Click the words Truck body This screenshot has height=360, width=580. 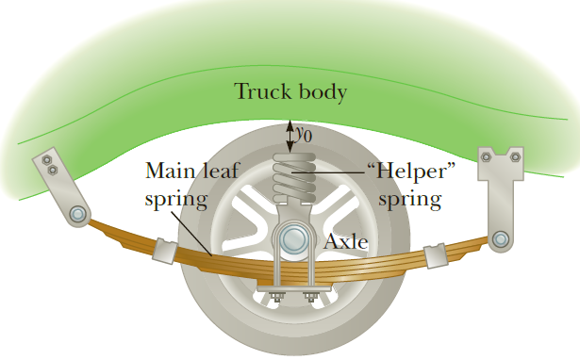pos(290,92)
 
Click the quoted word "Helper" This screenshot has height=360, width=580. pos(403,172)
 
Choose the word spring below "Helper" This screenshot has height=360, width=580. pos(409,199)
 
